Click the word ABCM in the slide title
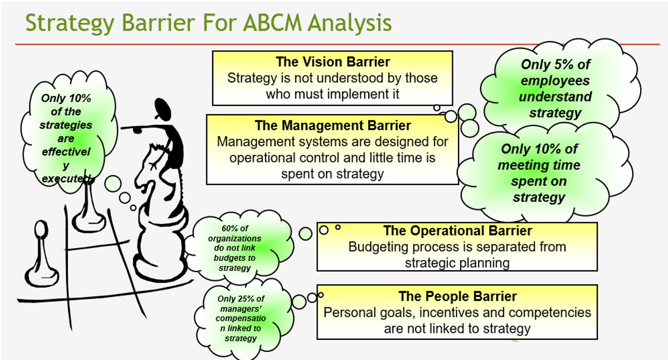pyautogui.click(x=275, y=23)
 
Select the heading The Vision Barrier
pyautogui.click(x=333, y=62)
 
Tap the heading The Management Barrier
pyautogui.click(x=333, y=125)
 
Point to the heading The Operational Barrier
pyautogui.click(x=457, y=231)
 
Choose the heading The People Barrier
pyautogui.click(x=457, y=296)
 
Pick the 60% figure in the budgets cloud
pyautogui.click(x=229, y=228)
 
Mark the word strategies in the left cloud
pyautogui.click(x=66, y=125)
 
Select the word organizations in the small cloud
pyautogui.click(x=235, y=238)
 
